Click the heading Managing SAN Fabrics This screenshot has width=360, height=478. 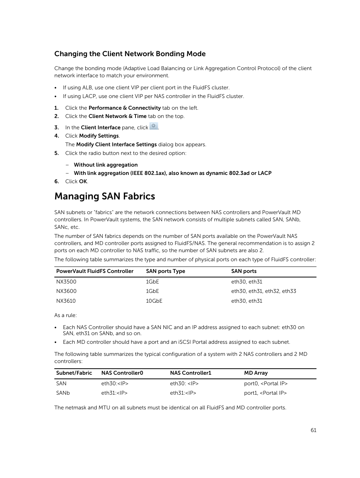pos(105,196)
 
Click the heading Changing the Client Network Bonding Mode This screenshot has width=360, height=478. pos(130,54)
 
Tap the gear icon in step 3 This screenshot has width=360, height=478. pos(154,126)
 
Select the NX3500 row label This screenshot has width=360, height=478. pos(66,282)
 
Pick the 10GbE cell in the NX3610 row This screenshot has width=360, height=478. pos(154,301)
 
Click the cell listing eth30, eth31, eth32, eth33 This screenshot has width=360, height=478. pos(263,291)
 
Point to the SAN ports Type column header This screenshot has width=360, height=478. pos(165,271)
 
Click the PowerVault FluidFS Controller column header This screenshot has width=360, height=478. pos(95,271)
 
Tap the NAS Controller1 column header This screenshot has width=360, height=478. pos(191,373)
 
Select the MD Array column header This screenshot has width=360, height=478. pos(256,373)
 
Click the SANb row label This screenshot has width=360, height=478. pos(63,393)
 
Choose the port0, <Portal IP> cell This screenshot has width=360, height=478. pos(266,383)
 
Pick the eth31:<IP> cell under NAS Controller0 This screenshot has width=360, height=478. pos(114,393)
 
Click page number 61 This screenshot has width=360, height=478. pos(314,430)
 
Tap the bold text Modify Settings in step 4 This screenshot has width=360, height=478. pos(99,136)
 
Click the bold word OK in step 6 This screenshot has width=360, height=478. pos(83,181)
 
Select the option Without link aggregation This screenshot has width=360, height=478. pos(106,165)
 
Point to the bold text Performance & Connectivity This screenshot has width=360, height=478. pos(125,108)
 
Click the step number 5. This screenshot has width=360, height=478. pos(57,153)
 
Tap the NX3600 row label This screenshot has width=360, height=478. pos(66,291)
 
